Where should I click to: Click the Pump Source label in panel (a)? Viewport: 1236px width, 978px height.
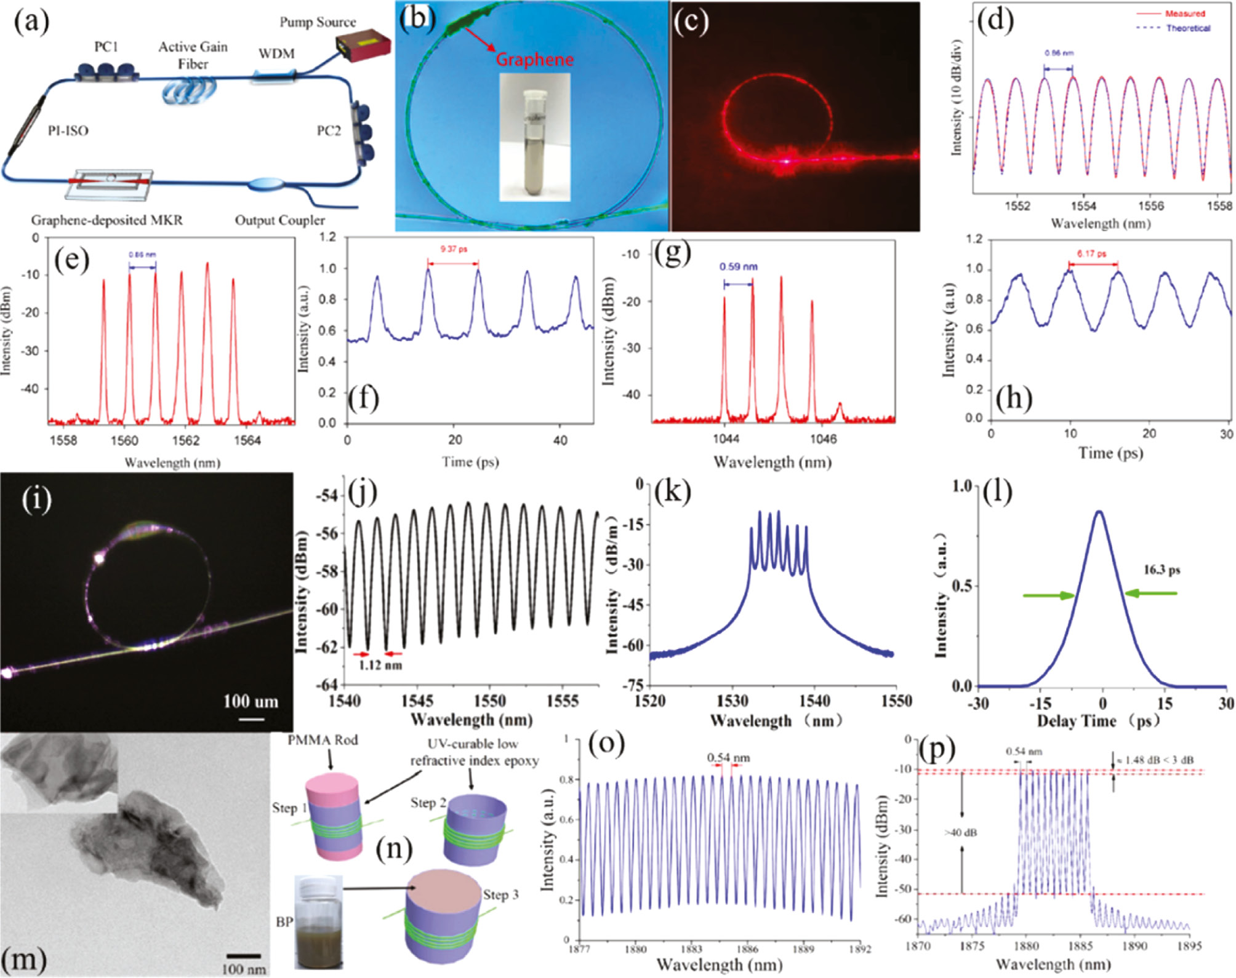tap(318, 22)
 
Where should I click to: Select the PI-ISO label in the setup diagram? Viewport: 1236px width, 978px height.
tap(68, 130)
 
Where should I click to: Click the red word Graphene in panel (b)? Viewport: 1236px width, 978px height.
tap(534, 60)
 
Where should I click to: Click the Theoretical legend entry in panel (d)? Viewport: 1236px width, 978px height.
tap(1188, 28)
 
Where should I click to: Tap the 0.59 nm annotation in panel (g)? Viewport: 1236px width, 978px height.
tap(739, 267)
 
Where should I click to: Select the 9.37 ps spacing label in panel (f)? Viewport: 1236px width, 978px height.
tap(453, 249)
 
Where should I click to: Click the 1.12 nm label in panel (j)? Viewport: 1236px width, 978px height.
tap(380, 666)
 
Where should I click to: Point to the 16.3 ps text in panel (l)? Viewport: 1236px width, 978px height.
tap(1162, 570)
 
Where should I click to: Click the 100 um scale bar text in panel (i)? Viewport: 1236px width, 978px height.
tap(251, 701)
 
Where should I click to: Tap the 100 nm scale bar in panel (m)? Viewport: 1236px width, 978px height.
tap(244, 955)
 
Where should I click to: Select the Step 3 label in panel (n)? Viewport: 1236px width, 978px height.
tap(500, 895)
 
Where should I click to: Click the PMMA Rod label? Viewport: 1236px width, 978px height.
tap(323, 740)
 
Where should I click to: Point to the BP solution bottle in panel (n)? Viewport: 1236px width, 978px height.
tap(319, 923)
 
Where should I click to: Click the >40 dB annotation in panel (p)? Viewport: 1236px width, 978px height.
tap(961, 833)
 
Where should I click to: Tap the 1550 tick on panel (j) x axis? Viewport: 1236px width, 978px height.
tap(490, 701)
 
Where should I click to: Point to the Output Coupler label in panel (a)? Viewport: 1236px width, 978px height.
tap(280, 220)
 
